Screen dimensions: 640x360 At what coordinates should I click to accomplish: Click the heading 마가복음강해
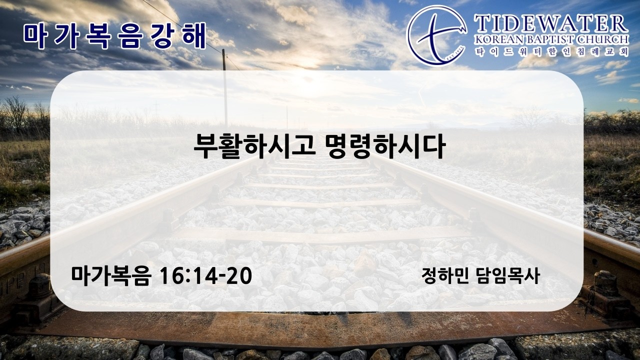click(115, 36)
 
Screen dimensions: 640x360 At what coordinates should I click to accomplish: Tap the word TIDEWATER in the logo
click(551, 24)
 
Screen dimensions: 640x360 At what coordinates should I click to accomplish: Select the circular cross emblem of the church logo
click(436, 35)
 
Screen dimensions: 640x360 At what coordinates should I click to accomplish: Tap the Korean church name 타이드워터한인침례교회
click(551, 52)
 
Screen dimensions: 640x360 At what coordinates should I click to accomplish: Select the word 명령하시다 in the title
click(385, 146)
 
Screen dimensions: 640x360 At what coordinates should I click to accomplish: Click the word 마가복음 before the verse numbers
click(111, 276)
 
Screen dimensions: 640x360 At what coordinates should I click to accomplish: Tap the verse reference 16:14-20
click(205, 276)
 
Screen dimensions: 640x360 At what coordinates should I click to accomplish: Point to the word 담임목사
click(507, 276)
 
